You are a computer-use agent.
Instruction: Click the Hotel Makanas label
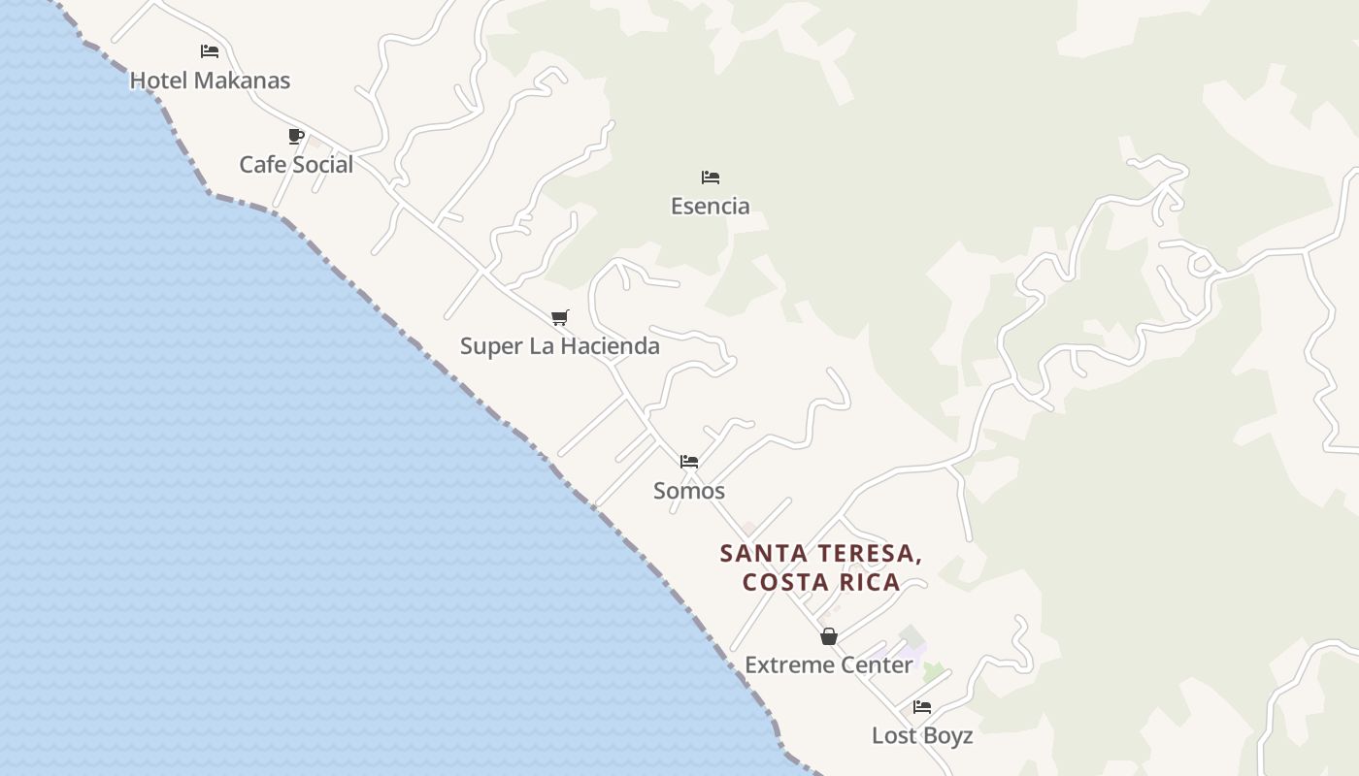pyautogui.click(x=210, y=81)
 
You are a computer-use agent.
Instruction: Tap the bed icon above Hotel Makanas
pyautogui.click(x=210, y=51)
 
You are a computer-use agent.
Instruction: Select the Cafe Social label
pyautogui.click(x=296, y=165)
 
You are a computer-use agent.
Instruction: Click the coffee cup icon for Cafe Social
pyautogui.click(x=296, y=137)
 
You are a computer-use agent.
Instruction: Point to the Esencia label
pyautogui.click(x=711, y=206)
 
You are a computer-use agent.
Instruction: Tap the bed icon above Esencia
pyautogui.click(x=711, y=178)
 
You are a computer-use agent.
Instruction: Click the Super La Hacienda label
pyautogui.click(x=560, y=346)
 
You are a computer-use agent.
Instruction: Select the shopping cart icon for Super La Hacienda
pyautogui.click(x=559, y=318)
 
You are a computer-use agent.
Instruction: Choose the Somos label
pyautogui.click(x=689, y=491)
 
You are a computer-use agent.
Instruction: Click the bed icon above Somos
pyautogui.click(x=689, y=462)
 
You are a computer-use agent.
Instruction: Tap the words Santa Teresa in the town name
pyautogui.click(x=821, y=554)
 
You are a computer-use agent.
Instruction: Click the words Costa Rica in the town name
pyautogui.click(x=821, y=583)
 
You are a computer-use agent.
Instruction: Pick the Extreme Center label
pyautogui.click(x=829, y=665)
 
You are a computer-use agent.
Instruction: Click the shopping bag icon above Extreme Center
pyautogui.click(x=829, y=636)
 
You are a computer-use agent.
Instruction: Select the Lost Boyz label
pyautogui.click(x=922, y=735)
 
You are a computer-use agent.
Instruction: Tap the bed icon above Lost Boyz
pyautogui.click(x=922, y=707)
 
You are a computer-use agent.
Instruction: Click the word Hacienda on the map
pyautogui.click(x=610, y=346)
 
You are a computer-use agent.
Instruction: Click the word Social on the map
pyautogui.click(x=323, y=165)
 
